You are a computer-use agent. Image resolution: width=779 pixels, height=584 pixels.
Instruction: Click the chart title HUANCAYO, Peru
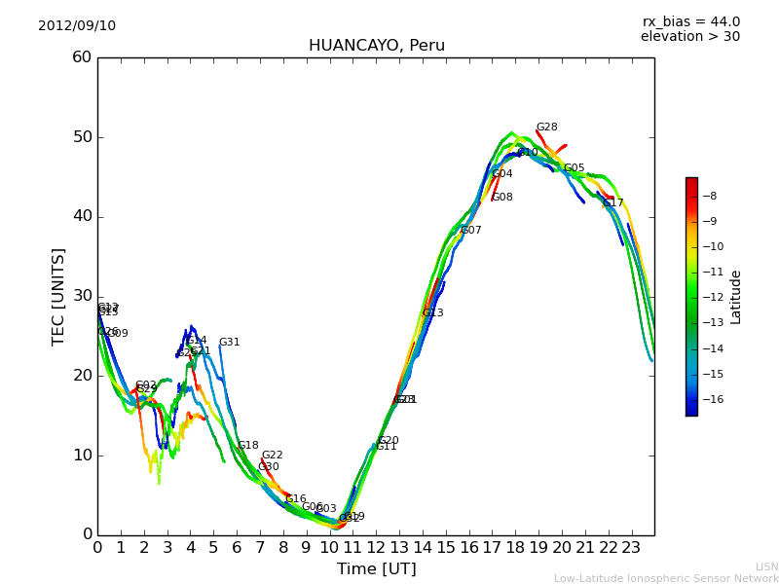[x=376, y=46]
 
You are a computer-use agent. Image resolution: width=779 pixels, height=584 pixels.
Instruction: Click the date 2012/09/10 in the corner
[x=77, y=26]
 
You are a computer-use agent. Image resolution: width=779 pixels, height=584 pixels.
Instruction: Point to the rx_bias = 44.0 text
[x=690, y=22]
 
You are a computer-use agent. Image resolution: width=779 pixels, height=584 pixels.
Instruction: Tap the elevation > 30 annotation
[x=689, y=37]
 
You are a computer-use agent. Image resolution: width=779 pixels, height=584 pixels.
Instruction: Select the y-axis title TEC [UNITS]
[x=59, y=296]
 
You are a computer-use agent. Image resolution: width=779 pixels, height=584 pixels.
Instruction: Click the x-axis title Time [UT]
[x=376, y=569]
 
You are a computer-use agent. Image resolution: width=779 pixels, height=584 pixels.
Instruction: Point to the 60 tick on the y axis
[x=82, y=57]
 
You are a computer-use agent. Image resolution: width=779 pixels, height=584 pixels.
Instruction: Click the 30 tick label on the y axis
[x=82, y=296]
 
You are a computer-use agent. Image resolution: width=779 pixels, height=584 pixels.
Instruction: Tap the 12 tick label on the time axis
[x=376, y=548]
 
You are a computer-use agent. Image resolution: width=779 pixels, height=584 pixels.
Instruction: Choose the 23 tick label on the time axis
[x=631, y=548]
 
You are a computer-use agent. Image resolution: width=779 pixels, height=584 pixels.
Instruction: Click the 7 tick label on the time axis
[x=260, y=548]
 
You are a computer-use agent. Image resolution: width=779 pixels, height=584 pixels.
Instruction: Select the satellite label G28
[x=547, y=128]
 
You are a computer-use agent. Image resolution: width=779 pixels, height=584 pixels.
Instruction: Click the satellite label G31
[x=229, y=343]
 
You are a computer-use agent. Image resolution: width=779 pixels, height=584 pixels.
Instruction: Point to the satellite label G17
[x=613, y=203]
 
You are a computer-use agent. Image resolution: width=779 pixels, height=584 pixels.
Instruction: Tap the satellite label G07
[x=471, y=231]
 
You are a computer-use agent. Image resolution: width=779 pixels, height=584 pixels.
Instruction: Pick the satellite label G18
[x=248, y=446]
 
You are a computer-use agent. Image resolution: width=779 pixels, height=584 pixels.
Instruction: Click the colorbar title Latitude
[x=736, y=296]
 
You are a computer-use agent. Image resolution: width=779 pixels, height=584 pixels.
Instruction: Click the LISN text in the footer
[x=767, y=566]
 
